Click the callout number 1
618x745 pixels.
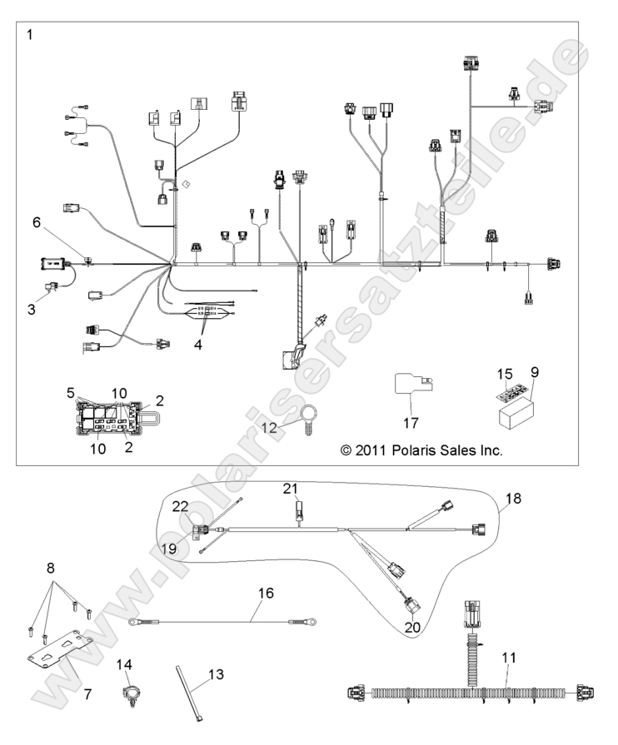tap(31, 35)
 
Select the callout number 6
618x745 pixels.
tap(36, 222)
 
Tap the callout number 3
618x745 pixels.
tap(31, 309)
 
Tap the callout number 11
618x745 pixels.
tap(509, 658)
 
